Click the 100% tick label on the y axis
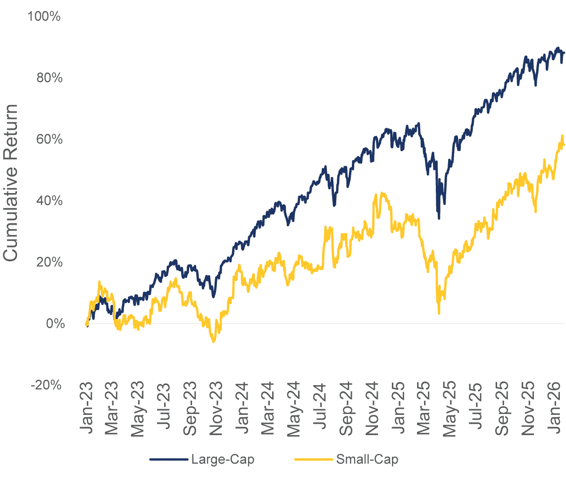pos(44,17)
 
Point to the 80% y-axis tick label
pos(49,78)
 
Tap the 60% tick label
pos(49,139)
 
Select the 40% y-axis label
pos(49,201)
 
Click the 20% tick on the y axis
pos(49,262)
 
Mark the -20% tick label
pos(46,385)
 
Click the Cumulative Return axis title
pos(11,183)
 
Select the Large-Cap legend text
pos(222,460)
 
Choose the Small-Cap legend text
pos(366,460)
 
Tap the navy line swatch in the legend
pos(168,460)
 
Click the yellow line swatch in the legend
pos(313,460)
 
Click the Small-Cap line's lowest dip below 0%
pos(214,341)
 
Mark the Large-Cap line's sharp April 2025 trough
pos(439,218)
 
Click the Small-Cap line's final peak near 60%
pos(562,136)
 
